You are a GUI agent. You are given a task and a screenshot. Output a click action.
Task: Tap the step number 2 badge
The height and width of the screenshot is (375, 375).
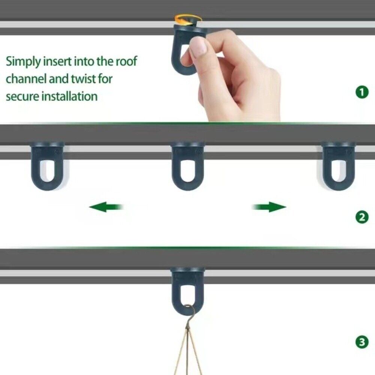(361, 217)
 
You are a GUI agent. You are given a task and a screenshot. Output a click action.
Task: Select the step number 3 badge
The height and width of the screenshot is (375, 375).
(361, 342)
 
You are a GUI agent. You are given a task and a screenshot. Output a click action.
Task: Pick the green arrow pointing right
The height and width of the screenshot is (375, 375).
(269, 207)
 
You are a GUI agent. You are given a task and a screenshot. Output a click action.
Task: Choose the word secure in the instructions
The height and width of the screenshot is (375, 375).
(22, 97)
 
